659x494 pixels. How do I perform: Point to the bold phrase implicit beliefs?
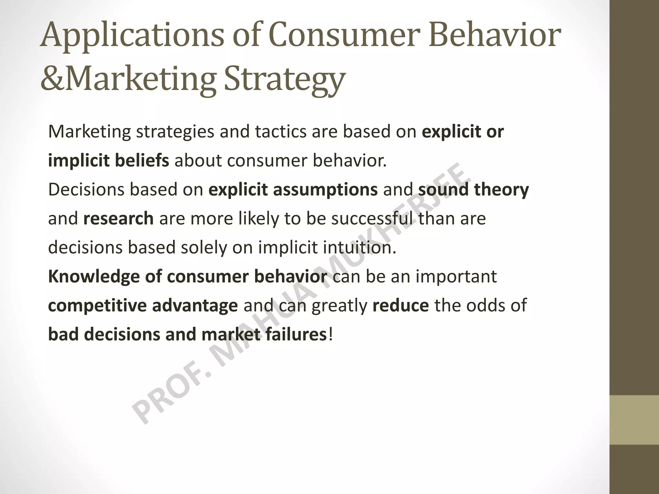click(108, 161)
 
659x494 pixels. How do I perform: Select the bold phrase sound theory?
click(473, 190)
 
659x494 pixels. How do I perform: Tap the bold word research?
click(118, 219)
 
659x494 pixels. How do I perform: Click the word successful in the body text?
click(372, 219)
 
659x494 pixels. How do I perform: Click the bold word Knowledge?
click(93, 277)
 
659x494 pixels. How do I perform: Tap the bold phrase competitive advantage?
click(143, 306)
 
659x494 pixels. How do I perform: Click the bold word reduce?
click(400, 306)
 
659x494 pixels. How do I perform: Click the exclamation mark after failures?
click(330, 334)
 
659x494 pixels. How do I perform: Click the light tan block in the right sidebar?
click(634, 420)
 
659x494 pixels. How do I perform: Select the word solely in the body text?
click(203, 248)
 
